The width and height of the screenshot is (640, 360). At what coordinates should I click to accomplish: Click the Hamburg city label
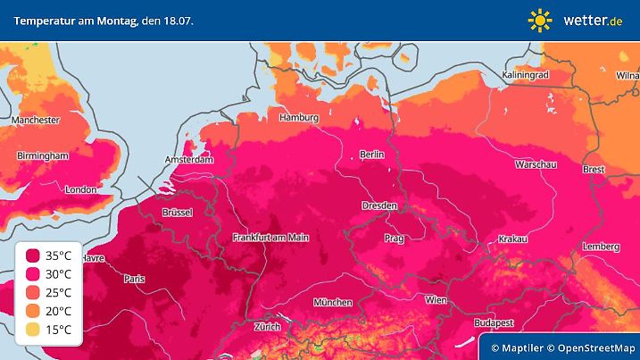click(x=299, y=118)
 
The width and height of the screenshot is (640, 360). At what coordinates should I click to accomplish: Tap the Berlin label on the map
click(x=371, y=155)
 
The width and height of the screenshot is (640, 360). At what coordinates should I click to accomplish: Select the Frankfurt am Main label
click(x=270, y=237)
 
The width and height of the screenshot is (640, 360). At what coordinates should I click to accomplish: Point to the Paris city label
click(x=134, y=279)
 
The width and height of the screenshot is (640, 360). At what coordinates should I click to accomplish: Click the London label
click(x=80, y=189)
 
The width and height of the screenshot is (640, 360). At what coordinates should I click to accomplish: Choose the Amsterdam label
click(x=189, y=161)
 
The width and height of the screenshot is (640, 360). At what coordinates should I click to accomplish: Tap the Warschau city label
click(x=536, y=165)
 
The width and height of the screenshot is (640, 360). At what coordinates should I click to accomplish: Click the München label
click(x=332, y=303)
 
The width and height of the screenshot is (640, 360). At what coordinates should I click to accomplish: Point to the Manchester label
click(x=36, y=120)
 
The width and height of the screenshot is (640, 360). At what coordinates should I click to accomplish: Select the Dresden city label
click(x=379, y=205)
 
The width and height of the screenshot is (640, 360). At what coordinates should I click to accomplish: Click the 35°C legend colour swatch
click(x=33, y=255)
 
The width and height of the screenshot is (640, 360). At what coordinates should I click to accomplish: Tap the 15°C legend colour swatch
click(x=33, y=329)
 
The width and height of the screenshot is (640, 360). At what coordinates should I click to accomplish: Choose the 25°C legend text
click(x=61, y=292)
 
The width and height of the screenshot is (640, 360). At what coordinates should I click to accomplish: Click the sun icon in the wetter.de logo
click(x=540, y=19)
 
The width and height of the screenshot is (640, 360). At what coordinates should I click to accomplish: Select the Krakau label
click(x=511, y=239)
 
